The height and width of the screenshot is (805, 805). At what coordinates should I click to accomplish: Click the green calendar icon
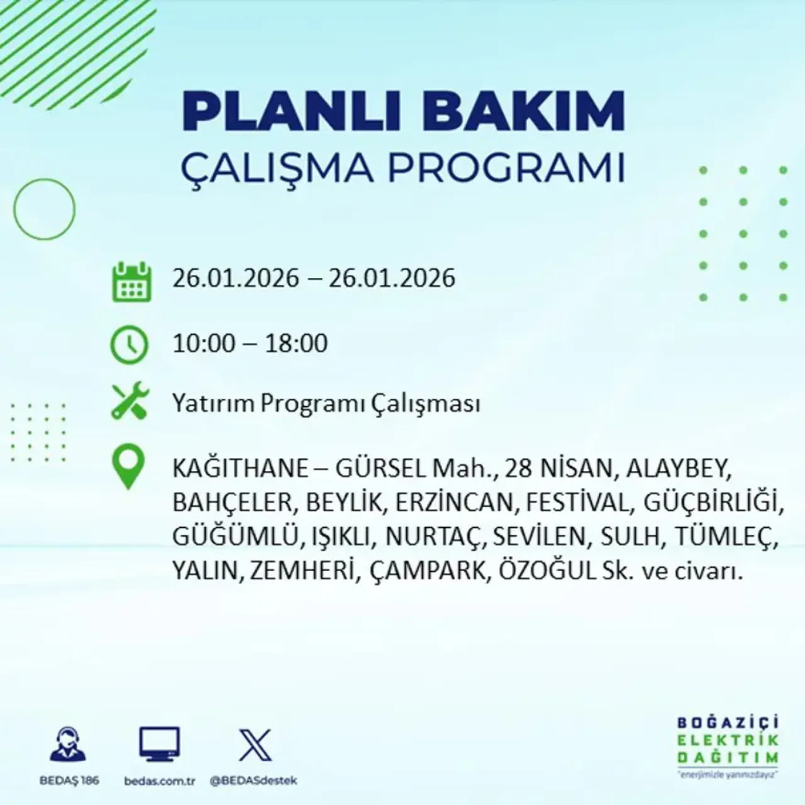point(131,282)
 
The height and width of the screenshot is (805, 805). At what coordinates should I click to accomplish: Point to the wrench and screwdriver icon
point(130,402)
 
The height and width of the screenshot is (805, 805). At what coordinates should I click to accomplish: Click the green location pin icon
point(128,468)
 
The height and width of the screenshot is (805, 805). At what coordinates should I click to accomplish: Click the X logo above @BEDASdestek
point(255,746)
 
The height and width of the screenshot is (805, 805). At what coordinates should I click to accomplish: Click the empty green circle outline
point(44,209)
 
